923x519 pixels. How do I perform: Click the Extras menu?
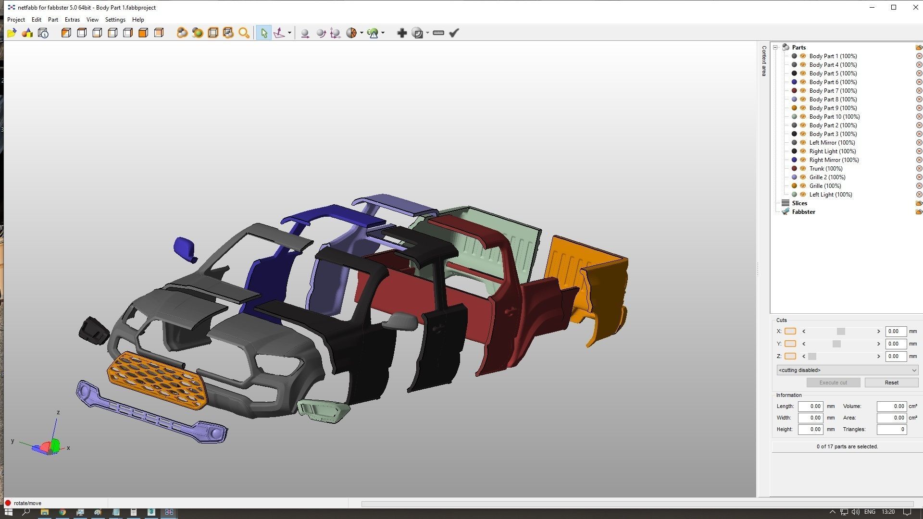coord(72,20)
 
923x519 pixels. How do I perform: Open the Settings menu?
coord(115,20)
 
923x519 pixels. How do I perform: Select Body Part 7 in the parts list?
coord(833,91)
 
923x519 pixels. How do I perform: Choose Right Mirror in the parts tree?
coord(834,160)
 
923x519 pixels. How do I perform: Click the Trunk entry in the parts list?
coord(825,169)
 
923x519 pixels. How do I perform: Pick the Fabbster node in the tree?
coord(803,212)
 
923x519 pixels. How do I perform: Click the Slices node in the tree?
coord(799,203)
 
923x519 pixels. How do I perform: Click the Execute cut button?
coord(833,383)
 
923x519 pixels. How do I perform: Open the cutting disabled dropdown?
coord(847,370)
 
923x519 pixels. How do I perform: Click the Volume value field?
coord(891,406)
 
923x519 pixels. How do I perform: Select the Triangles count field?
coord(891,429)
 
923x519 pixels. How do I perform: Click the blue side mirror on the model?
coord(184,248)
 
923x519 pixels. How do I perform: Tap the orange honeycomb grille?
coord(156,380)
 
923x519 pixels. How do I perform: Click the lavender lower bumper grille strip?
coord(149,413)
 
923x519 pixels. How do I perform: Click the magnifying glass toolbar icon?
coord(244,33)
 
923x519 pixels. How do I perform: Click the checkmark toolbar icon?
coord(454,33)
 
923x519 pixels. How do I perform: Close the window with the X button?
coord(915,7)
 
